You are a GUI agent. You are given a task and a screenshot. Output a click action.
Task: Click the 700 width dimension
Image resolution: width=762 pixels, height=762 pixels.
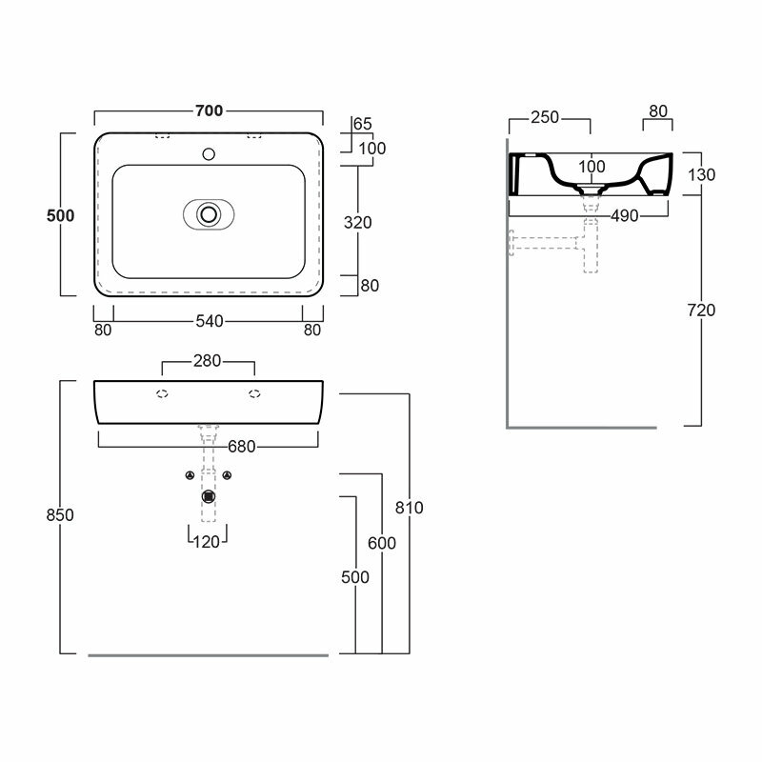tap(209, 111)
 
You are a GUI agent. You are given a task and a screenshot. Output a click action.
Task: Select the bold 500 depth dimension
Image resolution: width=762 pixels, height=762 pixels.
tap(61, 215)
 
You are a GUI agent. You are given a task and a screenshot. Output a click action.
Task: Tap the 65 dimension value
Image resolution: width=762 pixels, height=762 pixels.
tap(362, 124)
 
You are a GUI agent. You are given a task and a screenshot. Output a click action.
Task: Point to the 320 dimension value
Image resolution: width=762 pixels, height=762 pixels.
tap(357, 222)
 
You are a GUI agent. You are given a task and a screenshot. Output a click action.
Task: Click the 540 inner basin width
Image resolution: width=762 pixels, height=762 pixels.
tap(209, 322)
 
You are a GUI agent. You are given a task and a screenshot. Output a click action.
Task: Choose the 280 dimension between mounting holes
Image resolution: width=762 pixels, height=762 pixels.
tap(209, 361)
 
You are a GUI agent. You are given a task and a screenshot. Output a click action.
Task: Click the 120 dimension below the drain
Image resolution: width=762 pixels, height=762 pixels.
tap(208, 542)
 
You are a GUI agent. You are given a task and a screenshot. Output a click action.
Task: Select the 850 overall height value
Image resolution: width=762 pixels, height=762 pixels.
tap(59, 514)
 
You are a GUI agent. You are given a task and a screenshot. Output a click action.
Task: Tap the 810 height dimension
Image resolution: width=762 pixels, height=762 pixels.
tap(410, 508)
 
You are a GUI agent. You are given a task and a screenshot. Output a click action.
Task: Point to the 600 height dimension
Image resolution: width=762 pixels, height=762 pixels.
tap(381, 542)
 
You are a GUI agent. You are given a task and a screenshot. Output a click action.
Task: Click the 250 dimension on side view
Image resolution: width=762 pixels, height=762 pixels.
tap(546, 118)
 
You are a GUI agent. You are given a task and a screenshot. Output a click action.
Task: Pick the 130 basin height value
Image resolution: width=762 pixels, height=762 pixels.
tap(702, 174)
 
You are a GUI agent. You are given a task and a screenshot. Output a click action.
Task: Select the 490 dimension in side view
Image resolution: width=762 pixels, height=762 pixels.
tap(623, 216)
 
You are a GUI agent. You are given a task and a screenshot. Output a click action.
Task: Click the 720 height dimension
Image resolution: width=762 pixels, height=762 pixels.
tap(702, 311)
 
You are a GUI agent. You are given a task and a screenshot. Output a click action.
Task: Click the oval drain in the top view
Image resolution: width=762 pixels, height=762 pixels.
tap(208, 213)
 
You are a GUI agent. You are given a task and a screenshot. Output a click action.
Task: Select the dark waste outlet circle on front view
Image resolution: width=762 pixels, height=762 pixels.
tap(208, 494)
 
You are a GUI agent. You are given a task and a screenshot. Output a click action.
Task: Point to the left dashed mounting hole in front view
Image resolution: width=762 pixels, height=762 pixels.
tap(162, 392)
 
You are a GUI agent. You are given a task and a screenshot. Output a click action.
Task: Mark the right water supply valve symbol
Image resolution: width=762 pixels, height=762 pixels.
tap(227, 476)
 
